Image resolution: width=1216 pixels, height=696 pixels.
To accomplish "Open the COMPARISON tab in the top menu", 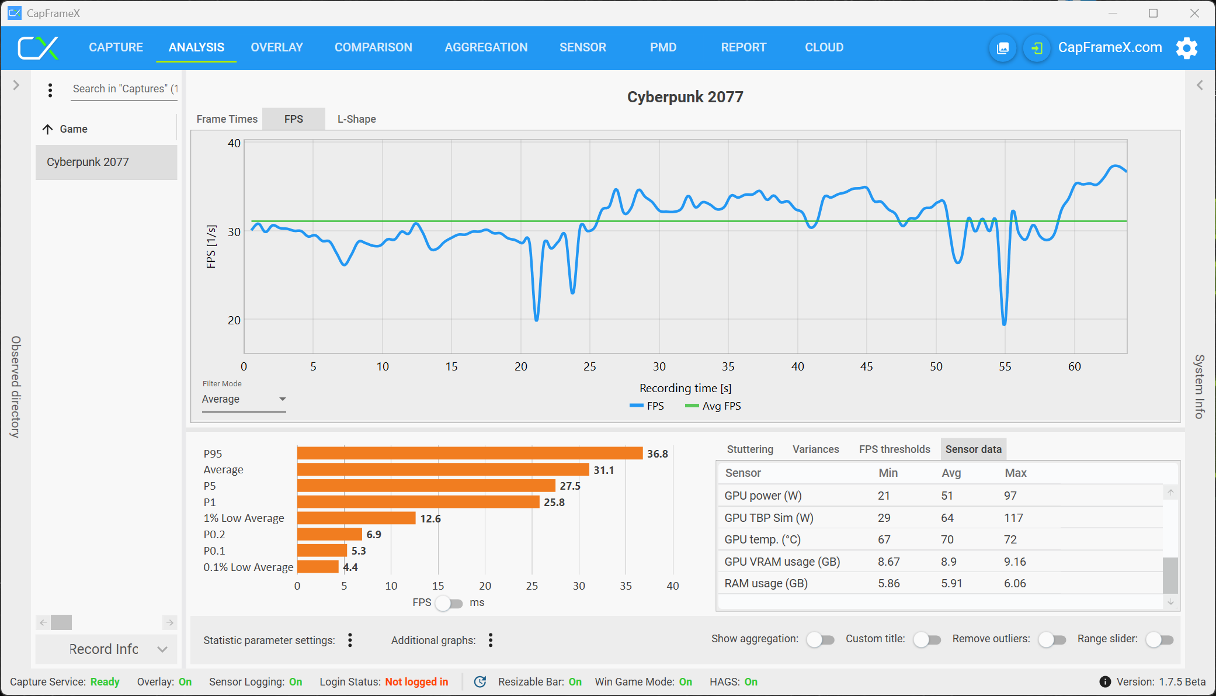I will tap(373, 47).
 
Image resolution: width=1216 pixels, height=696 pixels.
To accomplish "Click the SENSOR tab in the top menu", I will tap(582, 47).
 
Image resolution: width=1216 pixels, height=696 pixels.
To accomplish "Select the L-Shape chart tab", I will tap(356, 119).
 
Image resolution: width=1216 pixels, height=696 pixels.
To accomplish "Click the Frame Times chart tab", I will tap(227, 119).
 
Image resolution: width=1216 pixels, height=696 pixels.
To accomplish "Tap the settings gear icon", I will tap(1186, 48).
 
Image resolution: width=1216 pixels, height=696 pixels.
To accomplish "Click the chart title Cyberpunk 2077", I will tap(685, 97).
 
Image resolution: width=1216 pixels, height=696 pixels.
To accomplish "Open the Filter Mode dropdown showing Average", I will tap(244, 399).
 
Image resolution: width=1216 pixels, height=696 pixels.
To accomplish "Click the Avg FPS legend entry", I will tap(714, 406).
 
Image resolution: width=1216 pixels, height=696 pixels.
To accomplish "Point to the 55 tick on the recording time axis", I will tap(1005, 366).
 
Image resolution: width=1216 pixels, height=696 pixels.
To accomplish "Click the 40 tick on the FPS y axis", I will tap(234, 143).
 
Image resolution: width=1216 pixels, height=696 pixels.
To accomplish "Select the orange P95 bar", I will tap(470, 453).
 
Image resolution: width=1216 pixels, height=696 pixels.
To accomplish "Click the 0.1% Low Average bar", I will tap(318, 567).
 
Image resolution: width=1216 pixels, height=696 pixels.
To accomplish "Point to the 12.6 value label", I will tap(430, 518).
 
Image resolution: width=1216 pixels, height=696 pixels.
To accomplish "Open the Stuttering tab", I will tap(750, 449).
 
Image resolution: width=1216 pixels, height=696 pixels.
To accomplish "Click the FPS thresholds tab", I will tap(894, 449).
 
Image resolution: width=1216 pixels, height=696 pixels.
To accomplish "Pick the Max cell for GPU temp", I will tap(1010, 539).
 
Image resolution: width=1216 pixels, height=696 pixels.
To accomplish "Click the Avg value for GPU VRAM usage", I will tap(949, 562).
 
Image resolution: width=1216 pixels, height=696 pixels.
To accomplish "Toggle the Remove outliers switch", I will tap(1052, 640).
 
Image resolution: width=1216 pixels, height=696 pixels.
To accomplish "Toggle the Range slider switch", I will tap(1159, 640).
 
